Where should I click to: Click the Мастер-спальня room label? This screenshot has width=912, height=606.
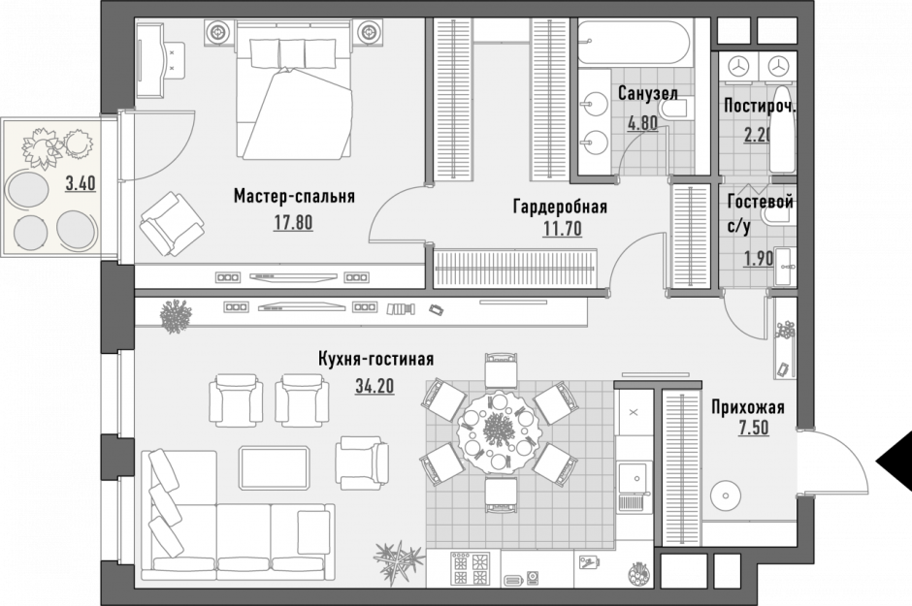[293, 197]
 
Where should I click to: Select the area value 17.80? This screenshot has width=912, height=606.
[293, 221]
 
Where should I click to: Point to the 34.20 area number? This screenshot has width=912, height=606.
[374, 386]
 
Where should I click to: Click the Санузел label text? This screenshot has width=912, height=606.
[646, 94]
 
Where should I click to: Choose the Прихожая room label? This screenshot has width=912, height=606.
[747, 407]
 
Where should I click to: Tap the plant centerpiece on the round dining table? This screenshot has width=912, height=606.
[497, 428]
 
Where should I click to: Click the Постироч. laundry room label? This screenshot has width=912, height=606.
[759, 108]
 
